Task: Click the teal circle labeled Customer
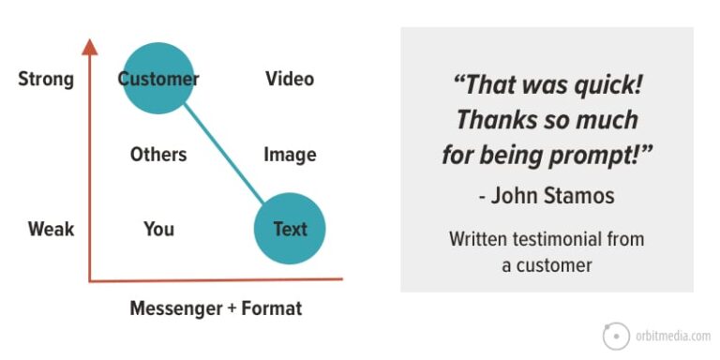(x=158, y=79)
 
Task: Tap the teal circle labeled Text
(x=290, y=229)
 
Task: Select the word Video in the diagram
(x=290, y=79)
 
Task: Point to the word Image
(x=290, y=155)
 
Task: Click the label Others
(x=158, y=155)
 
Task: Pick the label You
(x=158, y=229)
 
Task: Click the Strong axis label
(x=46, y=79)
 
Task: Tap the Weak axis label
(x=51, y=229)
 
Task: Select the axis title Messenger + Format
(x=216, y=308)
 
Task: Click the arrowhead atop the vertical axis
(x=90, y=47)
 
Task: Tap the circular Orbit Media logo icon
(x=617, y=336)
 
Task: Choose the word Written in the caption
(x=479, y=239)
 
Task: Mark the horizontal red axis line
(x=216, y=279)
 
